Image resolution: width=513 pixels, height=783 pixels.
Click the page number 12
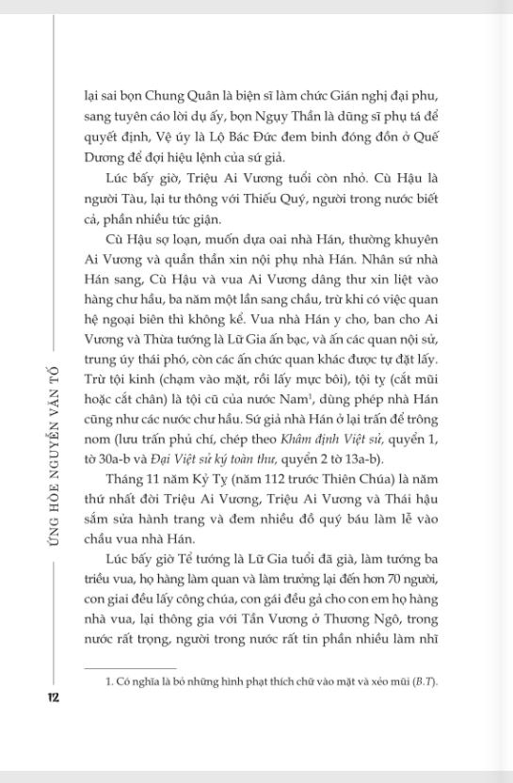pyautogui.click(x=53, y=697)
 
